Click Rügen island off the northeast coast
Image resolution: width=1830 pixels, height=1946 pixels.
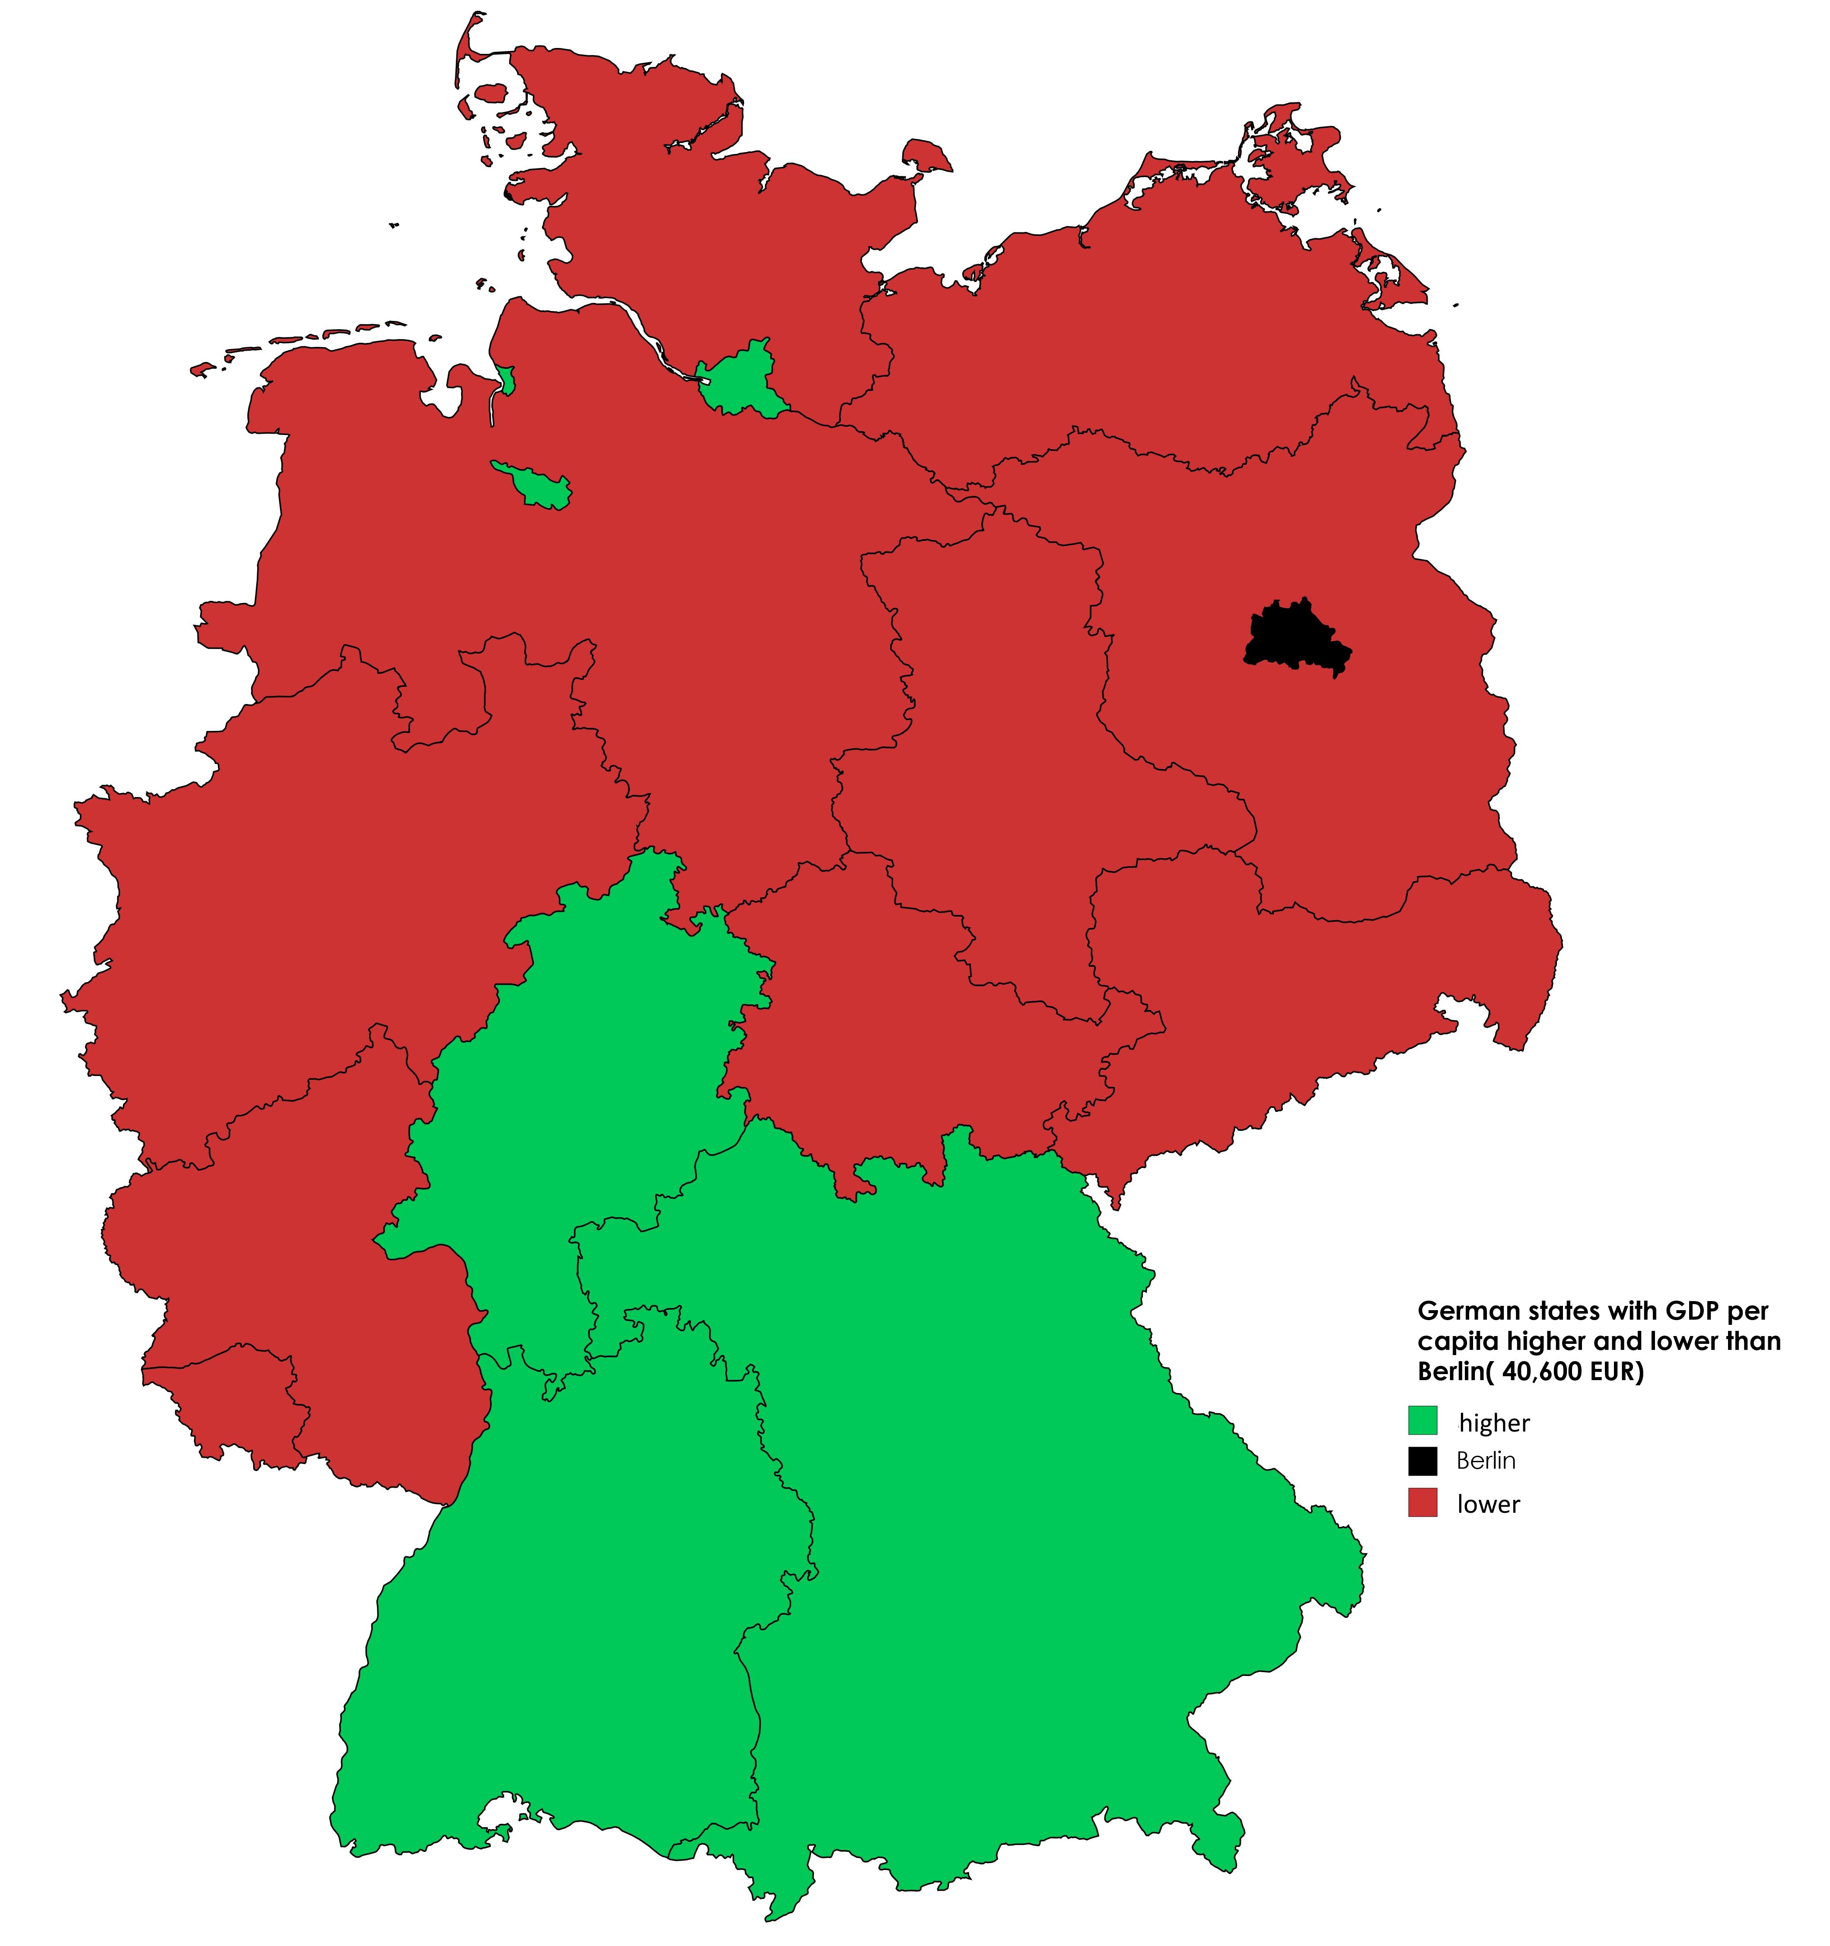click(x=1292, y=157)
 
